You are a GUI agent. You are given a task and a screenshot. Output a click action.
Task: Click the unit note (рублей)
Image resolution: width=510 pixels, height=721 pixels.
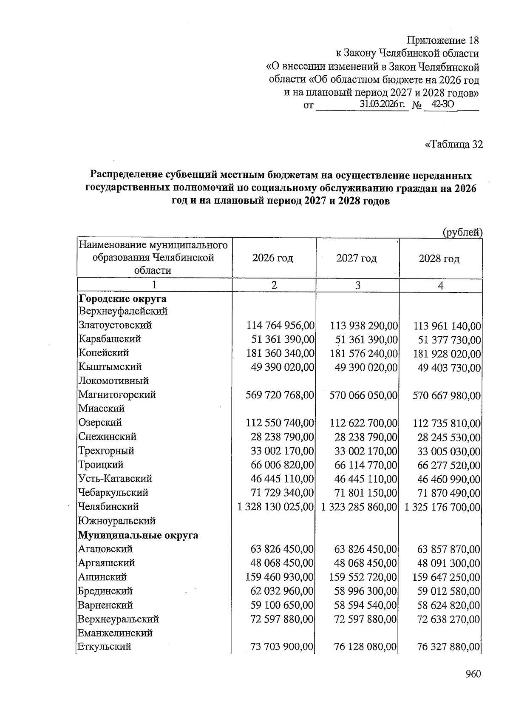click(462, 232)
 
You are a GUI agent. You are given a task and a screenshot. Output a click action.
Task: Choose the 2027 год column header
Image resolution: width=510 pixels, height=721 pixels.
click(356, 258)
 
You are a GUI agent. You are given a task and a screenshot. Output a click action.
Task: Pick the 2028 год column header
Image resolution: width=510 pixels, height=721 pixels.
click(439, 258)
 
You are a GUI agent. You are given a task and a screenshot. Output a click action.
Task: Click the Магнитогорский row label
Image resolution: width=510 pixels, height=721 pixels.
click(117, 395)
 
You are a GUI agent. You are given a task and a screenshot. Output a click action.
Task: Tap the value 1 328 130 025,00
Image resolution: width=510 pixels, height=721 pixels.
click(276, 507)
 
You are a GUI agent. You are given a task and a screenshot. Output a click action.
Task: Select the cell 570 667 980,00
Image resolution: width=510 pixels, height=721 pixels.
click(447, 396)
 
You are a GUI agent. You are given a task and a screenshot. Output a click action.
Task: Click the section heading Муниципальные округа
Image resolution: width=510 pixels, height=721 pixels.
click(138, 535)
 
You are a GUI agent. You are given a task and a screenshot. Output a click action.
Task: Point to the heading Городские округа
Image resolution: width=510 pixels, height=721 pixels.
click(122, 298)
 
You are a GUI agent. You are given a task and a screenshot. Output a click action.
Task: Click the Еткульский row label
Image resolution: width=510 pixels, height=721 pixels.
click(104, 647)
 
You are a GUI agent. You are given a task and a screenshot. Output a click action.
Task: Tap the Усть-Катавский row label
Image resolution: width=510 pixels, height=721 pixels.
click(115, 479)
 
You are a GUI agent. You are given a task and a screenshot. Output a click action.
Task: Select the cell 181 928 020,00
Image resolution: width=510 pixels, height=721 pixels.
click(447, 354)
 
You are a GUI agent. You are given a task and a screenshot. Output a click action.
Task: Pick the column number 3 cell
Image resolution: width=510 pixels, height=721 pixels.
click(358, 286)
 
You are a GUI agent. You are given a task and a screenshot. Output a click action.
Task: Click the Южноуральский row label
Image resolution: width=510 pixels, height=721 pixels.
click(117, 521)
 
